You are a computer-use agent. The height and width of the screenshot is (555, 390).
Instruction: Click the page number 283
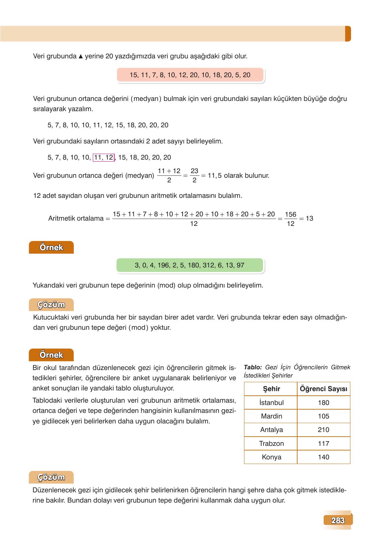point(337,520)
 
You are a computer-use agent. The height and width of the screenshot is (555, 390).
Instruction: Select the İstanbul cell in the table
point(271,403)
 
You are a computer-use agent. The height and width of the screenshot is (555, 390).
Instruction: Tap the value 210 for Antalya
point(323,430)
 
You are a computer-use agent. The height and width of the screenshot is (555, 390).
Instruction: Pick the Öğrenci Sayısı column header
point(323,389)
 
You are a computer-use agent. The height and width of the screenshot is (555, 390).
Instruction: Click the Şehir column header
point(271,389)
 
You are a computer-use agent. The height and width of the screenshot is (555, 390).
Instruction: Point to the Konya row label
point(271,457)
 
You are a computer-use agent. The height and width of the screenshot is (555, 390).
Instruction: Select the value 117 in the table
point(323,444)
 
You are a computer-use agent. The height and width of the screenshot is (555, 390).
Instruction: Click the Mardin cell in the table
point(271,416)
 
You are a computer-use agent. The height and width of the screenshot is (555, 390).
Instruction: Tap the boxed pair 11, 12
point(104,158)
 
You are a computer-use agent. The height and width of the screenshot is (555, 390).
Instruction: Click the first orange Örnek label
point(51,247)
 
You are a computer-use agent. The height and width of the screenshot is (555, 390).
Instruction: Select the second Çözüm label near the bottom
point(51,477)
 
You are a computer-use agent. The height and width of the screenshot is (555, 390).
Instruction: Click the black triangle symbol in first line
point(81,56)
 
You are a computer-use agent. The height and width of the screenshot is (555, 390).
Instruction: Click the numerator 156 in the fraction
point(290,214)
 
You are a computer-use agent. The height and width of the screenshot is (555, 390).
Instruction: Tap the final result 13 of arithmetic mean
point(309,218)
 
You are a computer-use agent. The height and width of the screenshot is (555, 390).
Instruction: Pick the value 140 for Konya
point(323,457)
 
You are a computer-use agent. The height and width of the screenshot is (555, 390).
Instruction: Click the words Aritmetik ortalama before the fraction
point(76,218)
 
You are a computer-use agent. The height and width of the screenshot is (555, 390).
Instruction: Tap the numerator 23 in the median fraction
point(194,171)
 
